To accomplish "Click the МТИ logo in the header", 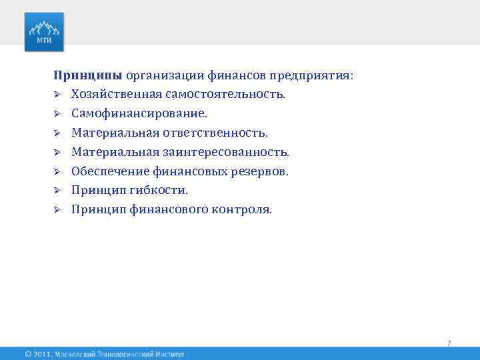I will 45,31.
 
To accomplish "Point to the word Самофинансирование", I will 139,114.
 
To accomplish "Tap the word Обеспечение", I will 108,171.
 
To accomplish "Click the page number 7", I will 449,343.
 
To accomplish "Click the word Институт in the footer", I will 167,354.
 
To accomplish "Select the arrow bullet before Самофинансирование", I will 58,114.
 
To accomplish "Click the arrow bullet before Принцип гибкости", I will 58,191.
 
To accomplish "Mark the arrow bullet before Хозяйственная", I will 58,95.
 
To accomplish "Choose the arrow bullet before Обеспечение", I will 58,171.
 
